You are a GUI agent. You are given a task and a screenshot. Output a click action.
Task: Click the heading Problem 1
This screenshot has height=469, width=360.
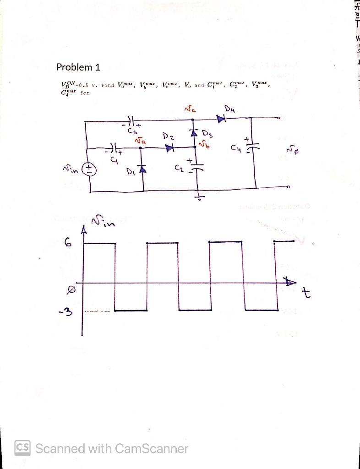point(78,67)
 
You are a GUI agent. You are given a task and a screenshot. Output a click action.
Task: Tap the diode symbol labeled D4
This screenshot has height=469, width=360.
point(222,119)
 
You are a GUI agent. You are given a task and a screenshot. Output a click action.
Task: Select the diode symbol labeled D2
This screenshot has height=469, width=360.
point(170,148)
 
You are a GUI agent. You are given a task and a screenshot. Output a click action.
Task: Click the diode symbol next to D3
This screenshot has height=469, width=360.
point(193,133)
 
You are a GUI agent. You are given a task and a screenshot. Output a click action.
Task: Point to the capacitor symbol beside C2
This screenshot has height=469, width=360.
point(197,167)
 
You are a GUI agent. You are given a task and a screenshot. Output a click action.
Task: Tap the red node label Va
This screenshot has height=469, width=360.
point(141,142)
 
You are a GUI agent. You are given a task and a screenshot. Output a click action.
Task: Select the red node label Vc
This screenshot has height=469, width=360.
point(189,110)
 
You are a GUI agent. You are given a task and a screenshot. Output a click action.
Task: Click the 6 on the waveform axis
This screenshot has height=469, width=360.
point(69,243)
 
